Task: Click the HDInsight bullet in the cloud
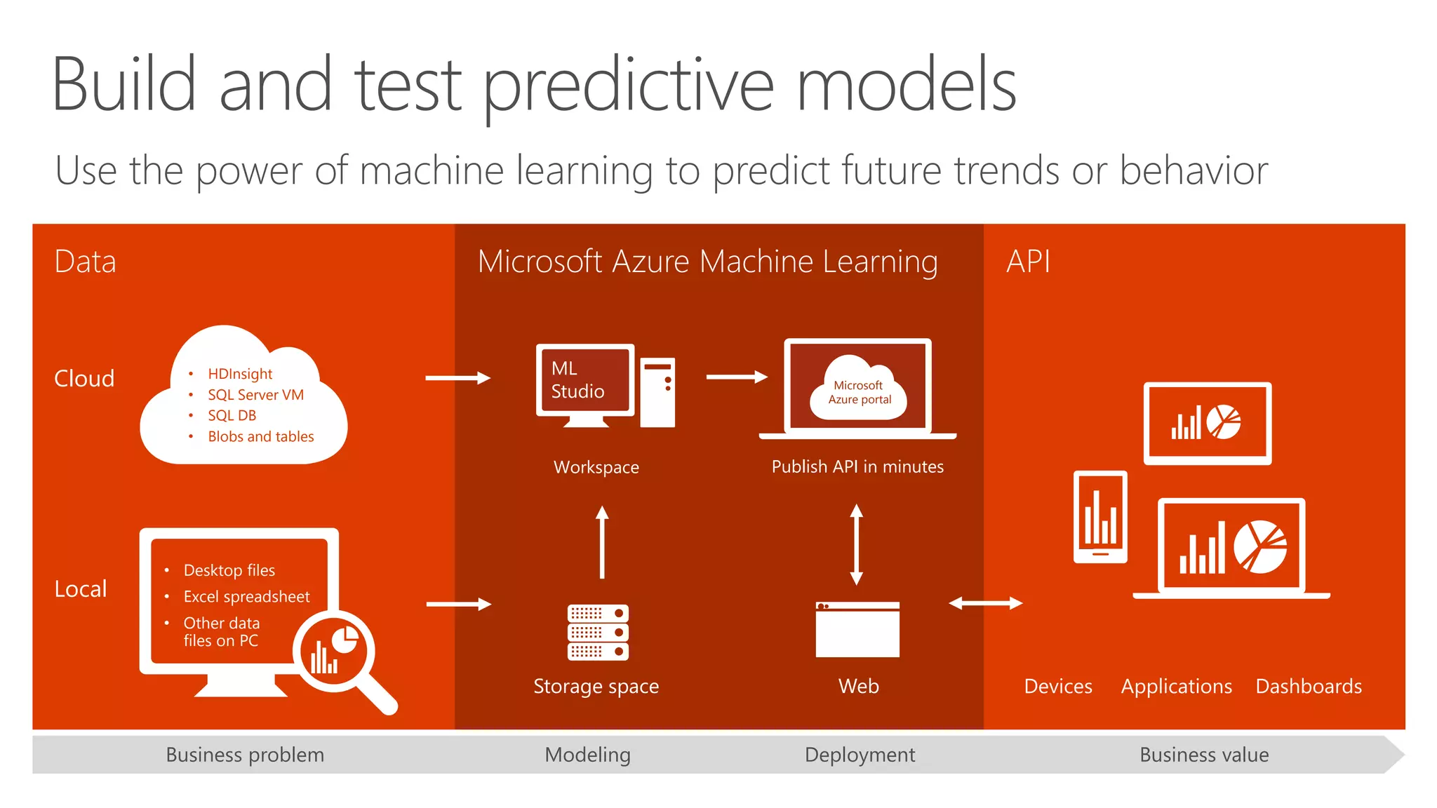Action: [x=240, y=374]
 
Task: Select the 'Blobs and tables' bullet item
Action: [x=260, y=436]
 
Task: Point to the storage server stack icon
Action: [x=598, y=632]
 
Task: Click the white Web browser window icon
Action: [x=857, y=629]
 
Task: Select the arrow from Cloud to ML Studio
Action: [x=457, y=378]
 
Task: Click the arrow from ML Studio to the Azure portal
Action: [x=737, y=377]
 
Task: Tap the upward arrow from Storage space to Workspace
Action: [x=602, y=542]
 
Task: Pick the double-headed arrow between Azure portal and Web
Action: [x=856, y=544]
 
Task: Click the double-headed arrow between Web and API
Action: [x=985, y=603]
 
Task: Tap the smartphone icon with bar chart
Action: [x=1100, y=517]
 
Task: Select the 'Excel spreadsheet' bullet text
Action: [x=246, y=597]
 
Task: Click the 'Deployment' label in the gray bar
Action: [x=860, y=755]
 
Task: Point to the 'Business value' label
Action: [x=1204, y=755]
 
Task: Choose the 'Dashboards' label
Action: [x=1309, y=686]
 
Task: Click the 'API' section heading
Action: [x=1028, y=262]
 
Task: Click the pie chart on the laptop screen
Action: [x=1260, y=547]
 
